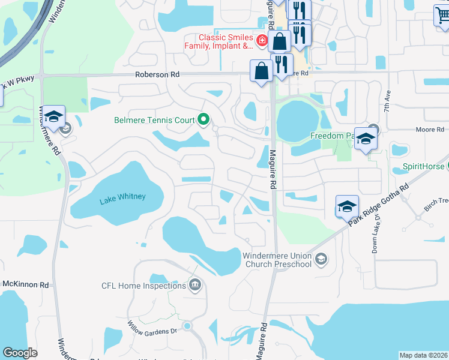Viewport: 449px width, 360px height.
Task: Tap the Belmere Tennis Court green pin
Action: tap(203, 120)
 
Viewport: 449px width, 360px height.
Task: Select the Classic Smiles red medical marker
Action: tap(262, 41)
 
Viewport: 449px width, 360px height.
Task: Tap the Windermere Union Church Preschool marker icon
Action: tap(321, 259)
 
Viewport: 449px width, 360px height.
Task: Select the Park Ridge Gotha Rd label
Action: tap(379, 204)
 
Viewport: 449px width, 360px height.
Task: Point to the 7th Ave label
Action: tap(388, 102)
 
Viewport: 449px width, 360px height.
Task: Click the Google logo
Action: tap(20, 353)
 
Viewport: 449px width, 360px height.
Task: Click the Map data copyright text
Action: tap(423, 355)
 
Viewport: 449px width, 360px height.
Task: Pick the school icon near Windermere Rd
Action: tap(53, 116)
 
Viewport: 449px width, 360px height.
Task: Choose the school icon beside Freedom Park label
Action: tap(365, 139)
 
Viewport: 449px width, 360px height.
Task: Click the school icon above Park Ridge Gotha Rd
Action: tap(347, 206)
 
